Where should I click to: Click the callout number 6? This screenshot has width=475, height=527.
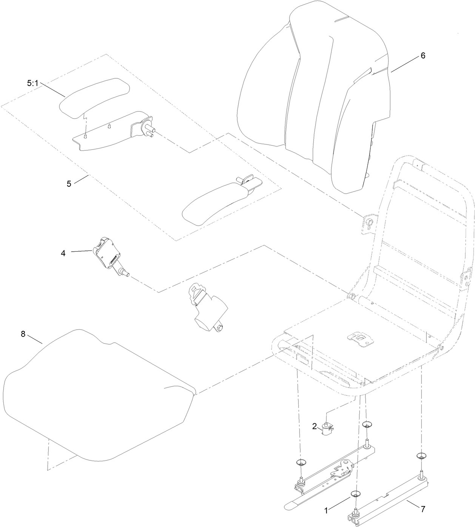tap(423, 55)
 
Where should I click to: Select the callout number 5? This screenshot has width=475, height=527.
tap(69, 184)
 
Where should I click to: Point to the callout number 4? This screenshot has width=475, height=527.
tap(63, 253)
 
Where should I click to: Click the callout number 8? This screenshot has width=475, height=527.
tap(23, 334)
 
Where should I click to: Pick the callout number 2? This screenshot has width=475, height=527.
tap(314, 426)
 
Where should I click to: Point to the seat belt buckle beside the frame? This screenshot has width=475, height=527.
tap(208, 306)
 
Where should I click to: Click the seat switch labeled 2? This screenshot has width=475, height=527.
tap(326, 429)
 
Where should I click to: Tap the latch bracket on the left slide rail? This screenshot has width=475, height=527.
tap(342, 468)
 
